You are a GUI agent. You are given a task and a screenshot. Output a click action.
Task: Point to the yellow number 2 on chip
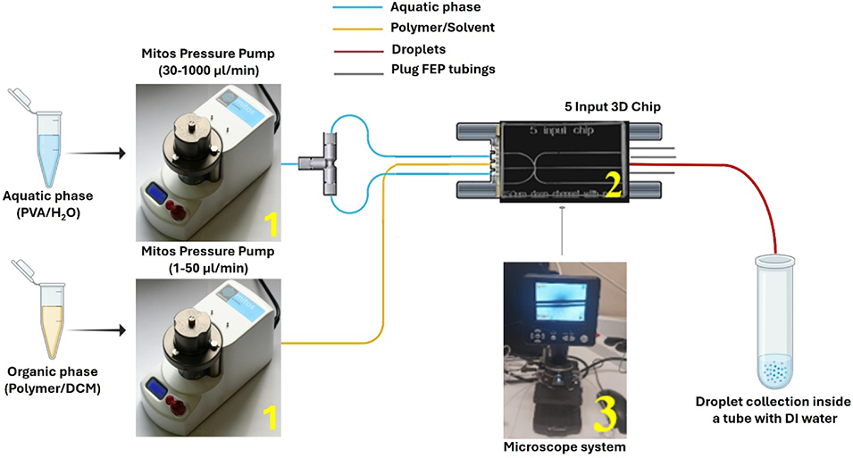coord(613,185)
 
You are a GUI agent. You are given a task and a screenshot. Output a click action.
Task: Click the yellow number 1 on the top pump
coord(270,221)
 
